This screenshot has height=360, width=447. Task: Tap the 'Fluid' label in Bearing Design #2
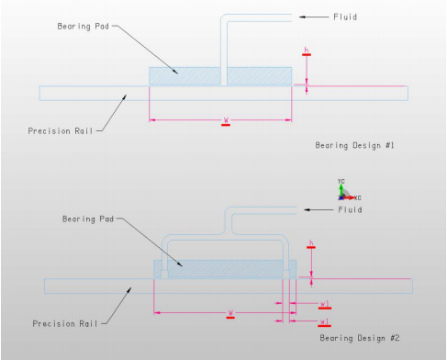(349, 209)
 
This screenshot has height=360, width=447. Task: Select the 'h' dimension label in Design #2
(312, 243)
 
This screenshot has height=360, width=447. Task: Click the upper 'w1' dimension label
(325, 303)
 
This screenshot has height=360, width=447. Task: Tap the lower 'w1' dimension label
(325, 321)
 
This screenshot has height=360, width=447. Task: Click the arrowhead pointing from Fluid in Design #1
(300, 17)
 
